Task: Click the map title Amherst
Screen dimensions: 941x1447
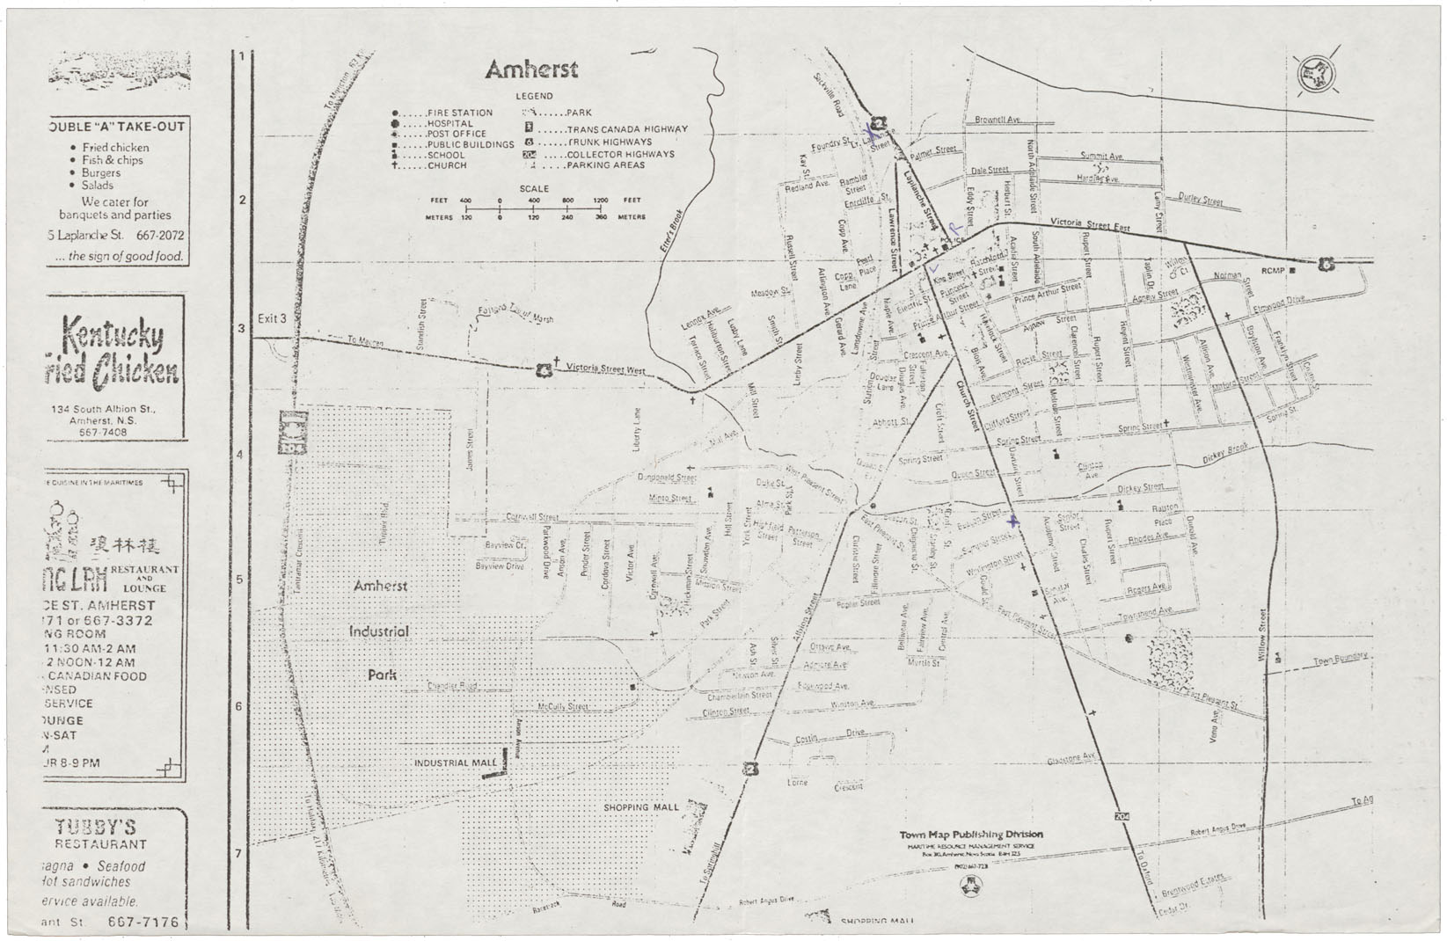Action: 531,69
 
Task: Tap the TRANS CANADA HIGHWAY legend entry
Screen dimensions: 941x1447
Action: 626,129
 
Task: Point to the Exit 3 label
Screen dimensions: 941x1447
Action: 272,319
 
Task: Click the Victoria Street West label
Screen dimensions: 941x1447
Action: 605,369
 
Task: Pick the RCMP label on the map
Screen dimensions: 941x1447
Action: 1273,271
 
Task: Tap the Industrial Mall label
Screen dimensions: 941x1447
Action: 455,763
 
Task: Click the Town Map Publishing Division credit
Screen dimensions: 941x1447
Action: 971,835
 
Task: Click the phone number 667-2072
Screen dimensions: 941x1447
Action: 160,236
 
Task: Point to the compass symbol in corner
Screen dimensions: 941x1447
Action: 1317,75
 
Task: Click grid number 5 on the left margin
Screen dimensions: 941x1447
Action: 240,580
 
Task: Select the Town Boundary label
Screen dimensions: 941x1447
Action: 1340,659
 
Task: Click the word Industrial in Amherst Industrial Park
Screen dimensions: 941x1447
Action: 379,631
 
